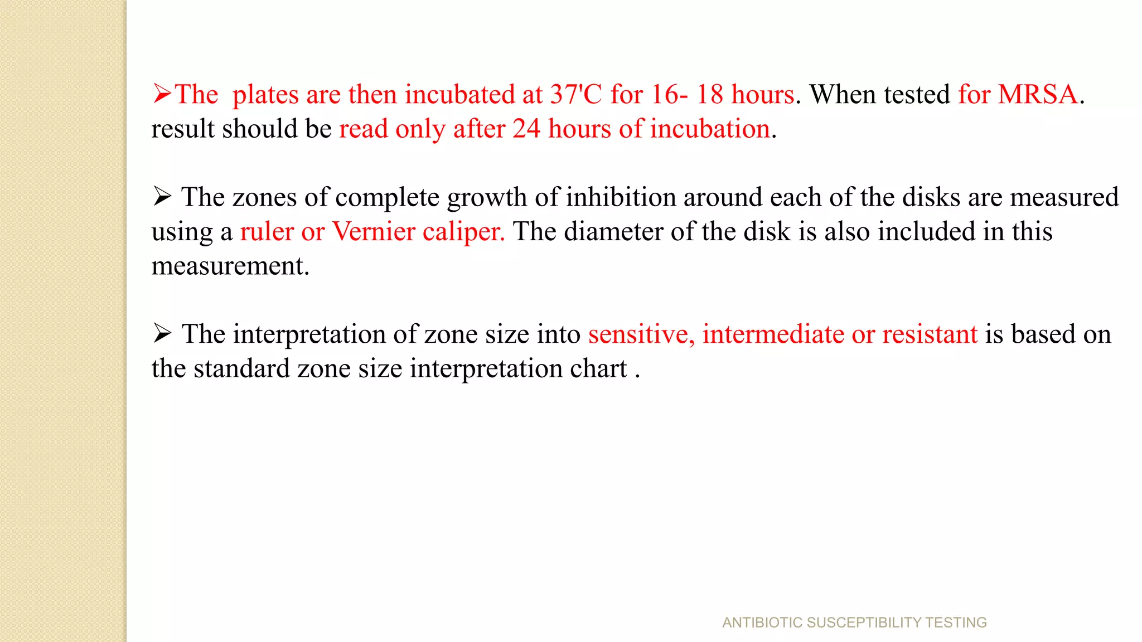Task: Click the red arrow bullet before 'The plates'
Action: [x=162, y=94]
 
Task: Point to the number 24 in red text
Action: [x=526, y=129]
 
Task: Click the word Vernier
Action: [x=374, y=232]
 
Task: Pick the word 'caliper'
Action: [x=463, y=232]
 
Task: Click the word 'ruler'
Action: [x=267, y=232]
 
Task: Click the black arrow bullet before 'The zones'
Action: [x=162, y=197]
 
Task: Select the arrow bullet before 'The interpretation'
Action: [x=162, y=333]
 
